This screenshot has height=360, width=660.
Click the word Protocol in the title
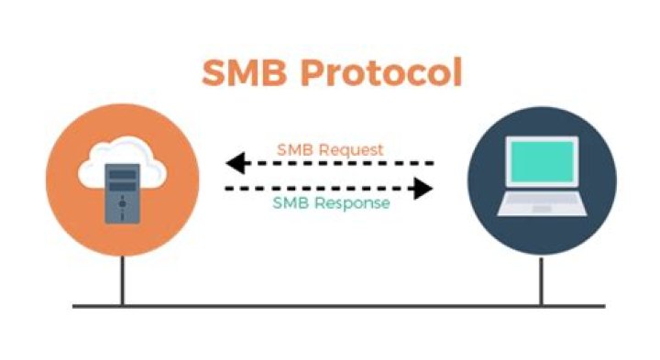(385, 73)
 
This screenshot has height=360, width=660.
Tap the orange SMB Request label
(330, 149)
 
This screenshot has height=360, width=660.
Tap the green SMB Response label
(330, 203)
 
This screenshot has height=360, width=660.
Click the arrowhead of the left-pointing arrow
(236, 165)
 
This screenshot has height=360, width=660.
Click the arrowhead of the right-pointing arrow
(423, 189)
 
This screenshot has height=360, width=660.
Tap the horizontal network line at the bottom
(330, 305)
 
